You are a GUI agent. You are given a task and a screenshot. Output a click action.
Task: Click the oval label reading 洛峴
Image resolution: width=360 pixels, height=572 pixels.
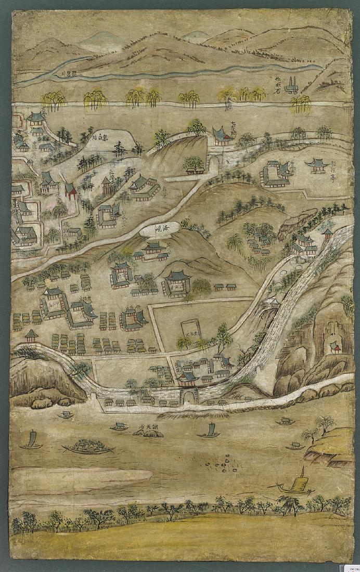tap(158, 230)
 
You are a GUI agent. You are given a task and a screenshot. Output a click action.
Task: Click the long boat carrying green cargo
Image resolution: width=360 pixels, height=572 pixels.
tap(88, 447)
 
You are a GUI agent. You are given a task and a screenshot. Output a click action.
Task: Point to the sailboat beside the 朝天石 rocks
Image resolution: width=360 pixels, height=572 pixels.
tap(210, 431)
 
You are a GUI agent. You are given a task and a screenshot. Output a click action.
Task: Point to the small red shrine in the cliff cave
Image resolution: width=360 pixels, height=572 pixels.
tap(335, 347)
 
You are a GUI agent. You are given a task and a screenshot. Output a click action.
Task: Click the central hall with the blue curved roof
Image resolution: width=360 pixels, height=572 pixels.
tap(177, 281)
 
